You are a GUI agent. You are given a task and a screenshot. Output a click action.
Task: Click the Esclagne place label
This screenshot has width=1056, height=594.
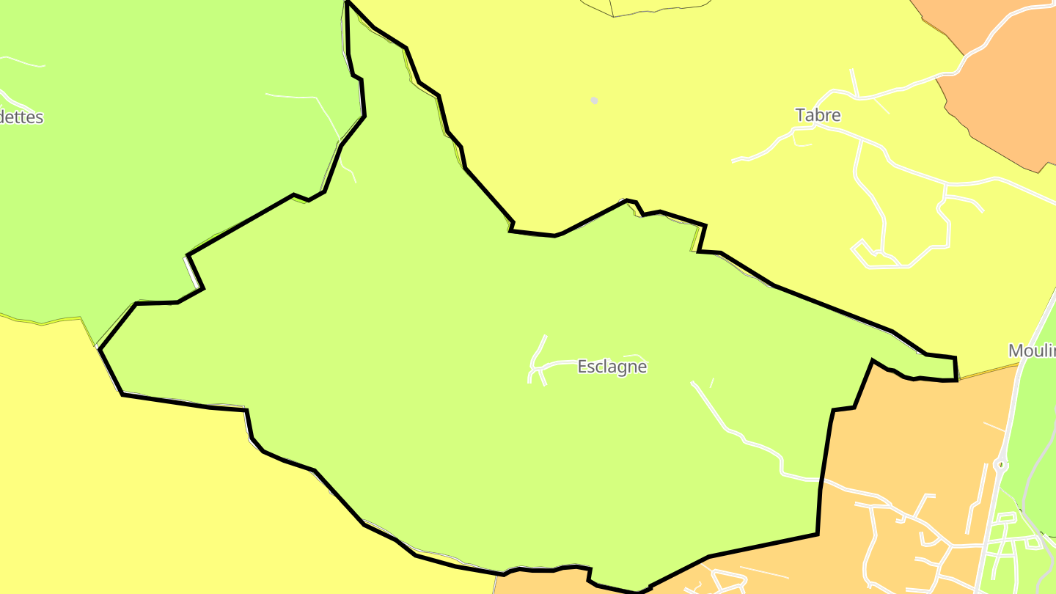tap(612, 367)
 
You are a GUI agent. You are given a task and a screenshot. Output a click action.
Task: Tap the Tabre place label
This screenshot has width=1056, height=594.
tap(818, 115)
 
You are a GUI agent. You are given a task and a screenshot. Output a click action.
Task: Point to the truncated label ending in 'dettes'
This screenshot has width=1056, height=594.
tap(21, 117)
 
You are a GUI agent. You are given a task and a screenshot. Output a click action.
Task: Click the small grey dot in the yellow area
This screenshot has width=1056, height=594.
tap(594, 100)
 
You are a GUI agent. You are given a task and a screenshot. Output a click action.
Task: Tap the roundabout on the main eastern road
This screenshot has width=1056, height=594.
tap(1000, 464)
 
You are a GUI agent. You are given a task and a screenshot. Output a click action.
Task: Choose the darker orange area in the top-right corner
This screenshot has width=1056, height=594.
tap(1005, 81)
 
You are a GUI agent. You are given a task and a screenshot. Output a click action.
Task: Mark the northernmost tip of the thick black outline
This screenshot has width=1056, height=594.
tap(347, 2)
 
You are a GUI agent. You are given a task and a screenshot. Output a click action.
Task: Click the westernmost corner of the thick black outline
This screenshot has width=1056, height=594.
tap(100, 350)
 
